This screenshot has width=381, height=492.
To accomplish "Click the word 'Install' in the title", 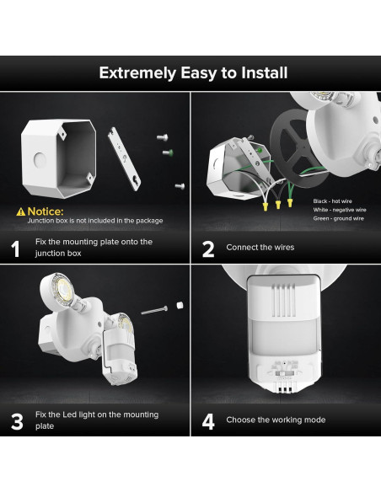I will [x=257, y=72].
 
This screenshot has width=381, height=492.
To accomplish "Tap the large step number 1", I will [x=15, y=249].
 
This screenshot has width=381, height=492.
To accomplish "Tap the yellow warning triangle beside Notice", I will [x=20, y=211].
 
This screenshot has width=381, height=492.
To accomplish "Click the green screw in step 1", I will [x=166, y=152].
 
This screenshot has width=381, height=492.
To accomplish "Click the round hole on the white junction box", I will [x=37, y=158].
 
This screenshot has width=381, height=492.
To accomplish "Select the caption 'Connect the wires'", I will [x=260, y=248].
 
